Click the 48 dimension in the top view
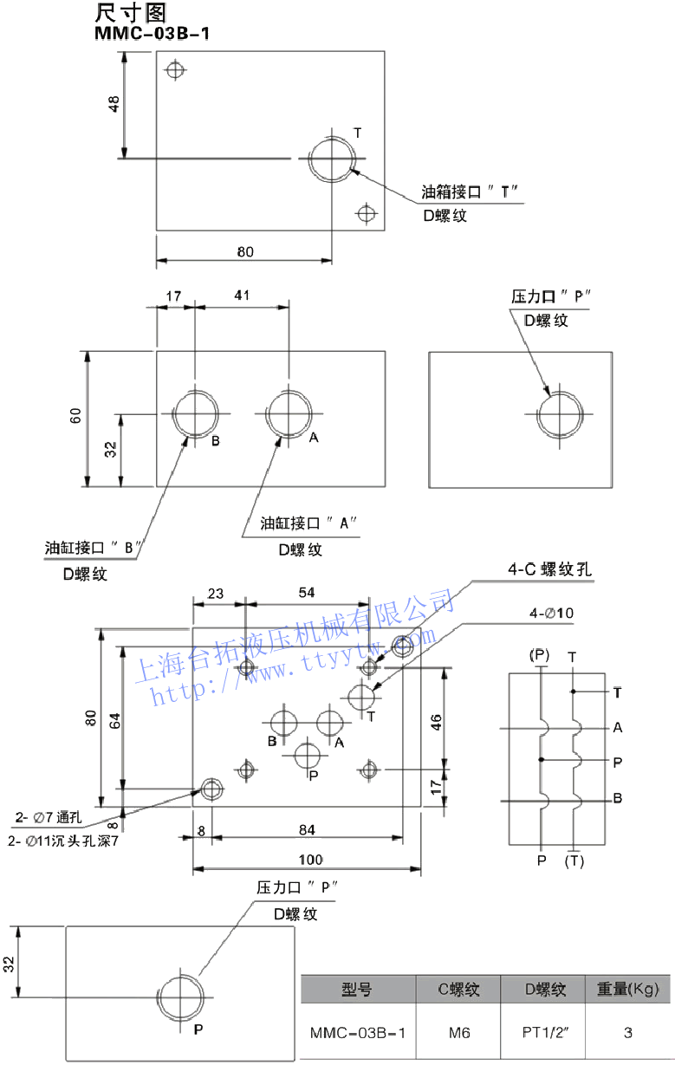[x=114, y=104]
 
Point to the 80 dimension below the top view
[x=245, y=252]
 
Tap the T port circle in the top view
[x=333, y=159]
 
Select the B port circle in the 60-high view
[x=196, y=413]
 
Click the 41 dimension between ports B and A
[x=242, y=295]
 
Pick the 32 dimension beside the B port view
[x=110, y=449]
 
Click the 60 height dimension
[x=76, y=415]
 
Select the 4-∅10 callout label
[x=552, y=614]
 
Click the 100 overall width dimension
[x=310, y=860]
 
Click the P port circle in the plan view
[x=307, y=755]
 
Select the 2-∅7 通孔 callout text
[x=48, y=816]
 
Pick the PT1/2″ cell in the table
[x=545, y=1032]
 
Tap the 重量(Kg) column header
[x=628, y=989]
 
